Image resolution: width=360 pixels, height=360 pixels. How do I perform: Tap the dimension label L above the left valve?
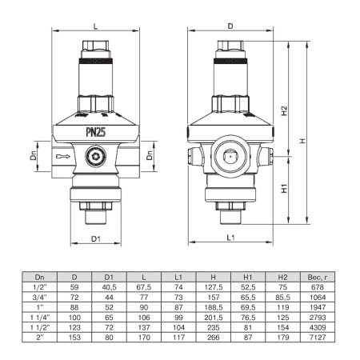[x=96, y=26]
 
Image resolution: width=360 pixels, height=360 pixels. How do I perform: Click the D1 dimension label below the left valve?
[x=95, y=238]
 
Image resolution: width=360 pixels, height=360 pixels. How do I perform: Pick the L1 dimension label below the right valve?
[x=230, y=238]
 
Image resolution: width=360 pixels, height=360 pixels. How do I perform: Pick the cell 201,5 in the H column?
[x=214, y=318]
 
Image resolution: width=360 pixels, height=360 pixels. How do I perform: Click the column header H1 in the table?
[x=247, y=276]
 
